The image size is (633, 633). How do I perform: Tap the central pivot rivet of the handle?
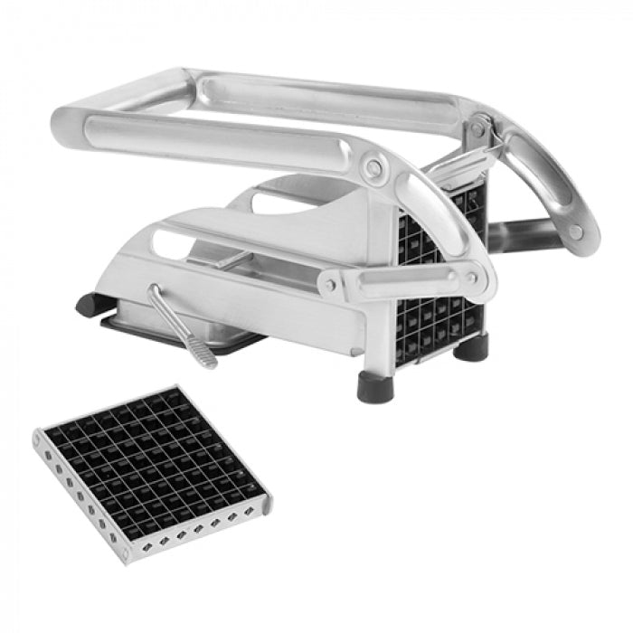[373, 168]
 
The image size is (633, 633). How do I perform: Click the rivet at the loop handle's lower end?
[576, 232]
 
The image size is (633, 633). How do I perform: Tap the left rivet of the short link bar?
[332, 285]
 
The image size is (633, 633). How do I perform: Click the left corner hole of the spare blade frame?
[39, 440]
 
